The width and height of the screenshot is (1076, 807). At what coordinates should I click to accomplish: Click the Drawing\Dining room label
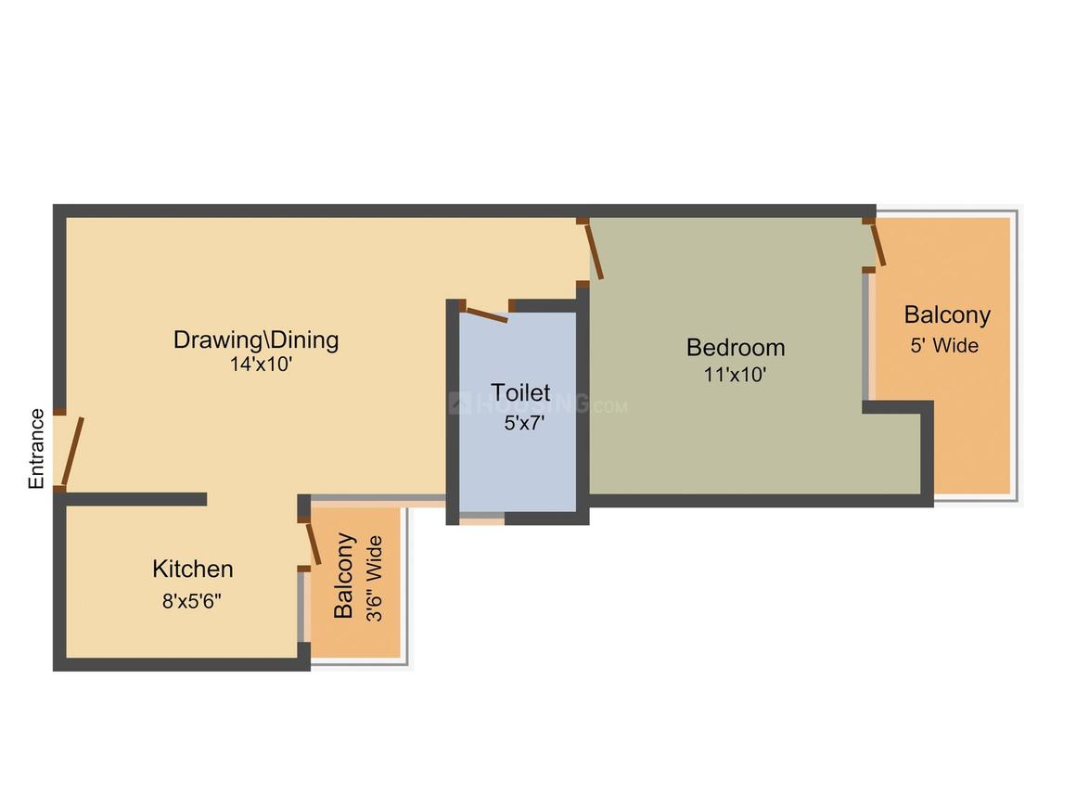256,339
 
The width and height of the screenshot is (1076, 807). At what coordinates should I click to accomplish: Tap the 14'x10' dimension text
262,365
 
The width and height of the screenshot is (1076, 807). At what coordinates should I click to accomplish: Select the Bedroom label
736,348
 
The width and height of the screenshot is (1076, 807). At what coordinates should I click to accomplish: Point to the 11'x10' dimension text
735,375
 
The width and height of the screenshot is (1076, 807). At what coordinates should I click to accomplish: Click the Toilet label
520,392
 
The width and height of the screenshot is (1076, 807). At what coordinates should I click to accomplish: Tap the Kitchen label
192,569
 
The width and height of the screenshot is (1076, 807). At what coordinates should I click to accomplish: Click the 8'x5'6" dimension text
192,600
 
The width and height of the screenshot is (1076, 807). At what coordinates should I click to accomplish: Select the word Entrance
36,449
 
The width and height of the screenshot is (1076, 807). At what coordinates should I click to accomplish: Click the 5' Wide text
944,346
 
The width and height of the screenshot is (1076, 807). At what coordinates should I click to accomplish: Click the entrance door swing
71,451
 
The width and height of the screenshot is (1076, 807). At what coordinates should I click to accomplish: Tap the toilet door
485,314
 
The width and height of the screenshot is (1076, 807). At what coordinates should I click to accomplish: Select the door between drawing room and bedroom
593,250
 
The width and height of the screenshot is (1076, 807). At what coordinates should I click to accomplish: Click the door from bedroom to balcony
877,244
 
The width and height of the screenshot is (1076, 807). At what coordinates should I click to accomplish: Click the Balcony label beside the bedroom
947,315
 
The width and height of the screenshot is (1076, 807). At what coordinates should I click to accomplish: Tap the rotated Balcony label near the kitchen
344,575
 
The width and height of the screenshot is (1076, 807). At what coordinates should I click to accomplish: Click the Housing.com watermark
538,404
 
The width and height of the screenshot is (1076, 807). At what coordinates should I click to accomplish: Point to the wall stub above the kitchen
135,499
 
